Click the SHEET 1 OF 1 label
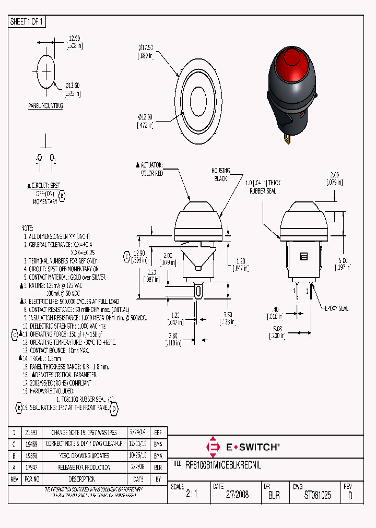pyautogui.click(x=27, y=21)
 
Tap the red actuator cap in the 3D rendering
pyautogui.click(x=291, y=61)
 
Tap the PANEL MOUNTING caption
pyautogui.click(x=45, y=106)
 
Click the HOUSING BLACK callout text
pyautogui.click(x=220, y=174)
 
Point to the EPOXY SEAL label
pyautogui.click(x=336, y=308)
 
